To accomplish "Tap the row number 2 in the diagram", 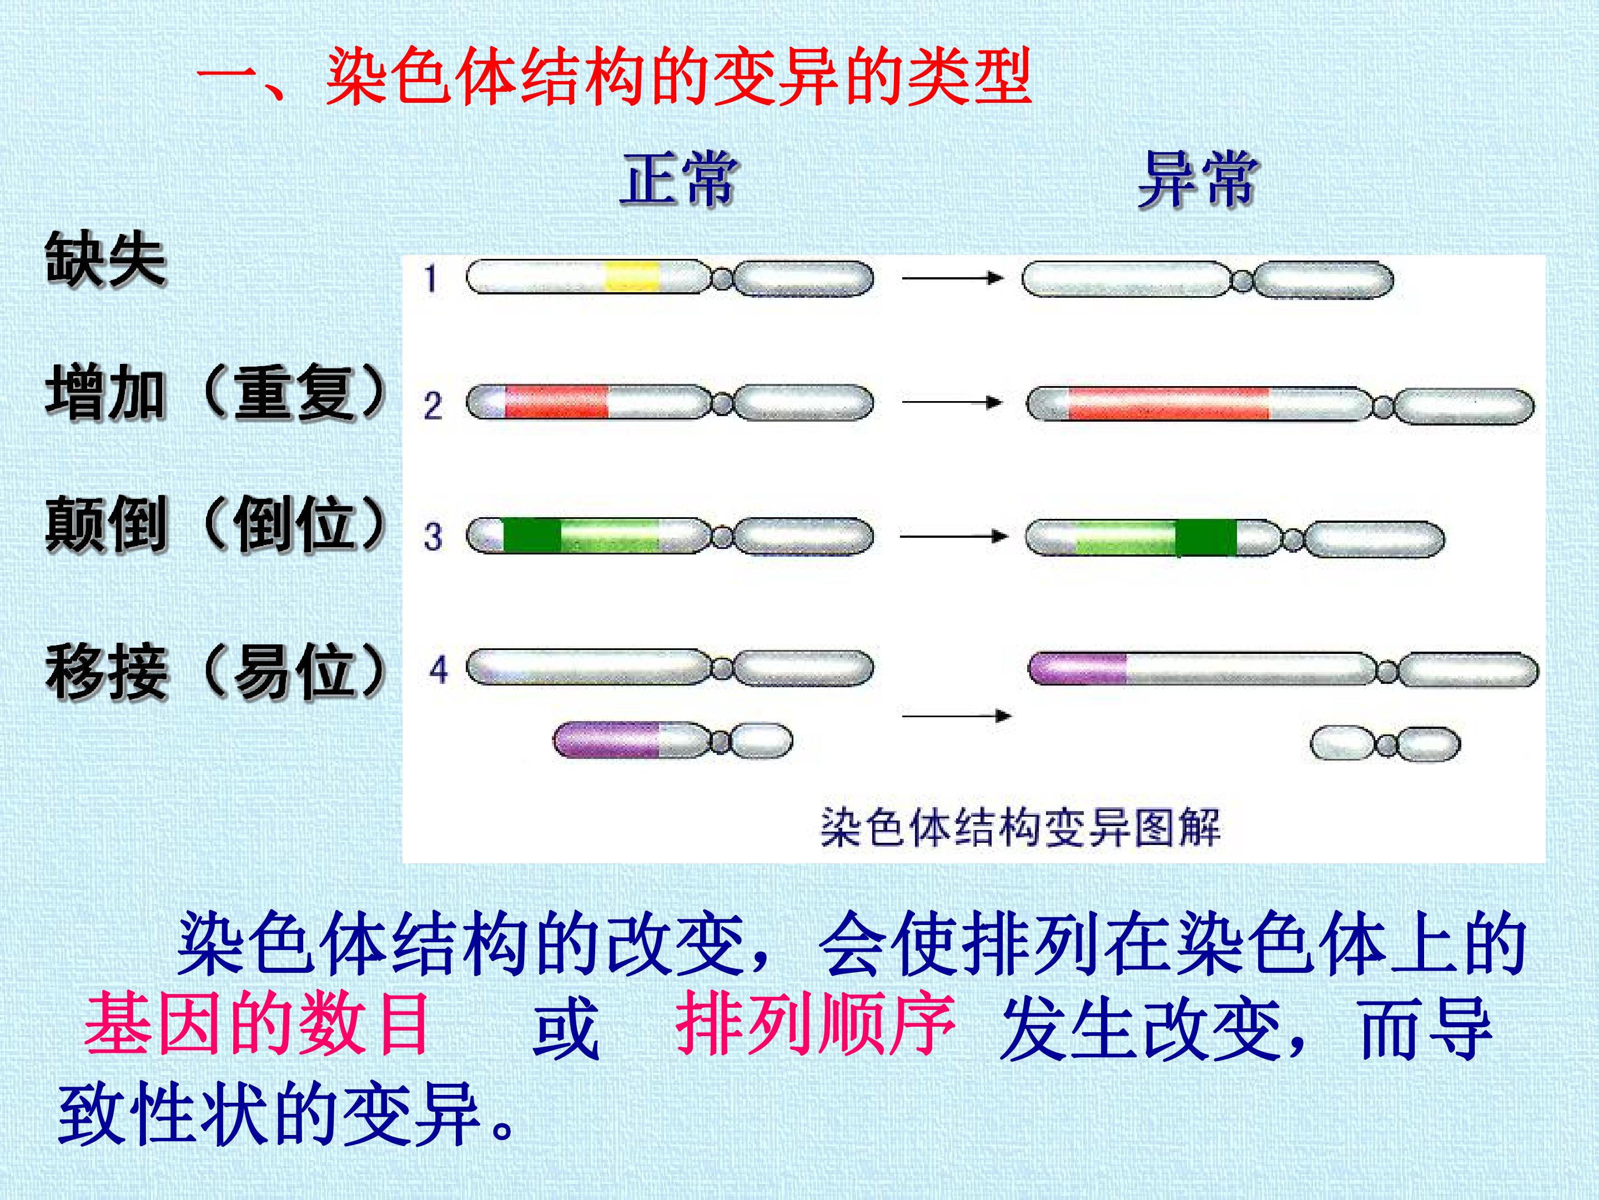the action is coord(433,406).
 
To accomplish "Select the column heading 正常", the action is coord(678,179).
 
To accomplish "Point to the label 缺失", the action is coord(105,259).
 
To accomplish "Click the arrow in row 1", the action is coord(952,278).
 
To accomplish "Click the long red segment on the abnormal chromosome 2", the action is coord(1168,404).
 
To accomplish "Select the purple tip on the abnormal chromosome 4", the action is coord(1078,668).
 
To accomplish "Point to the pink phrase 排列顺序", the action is coord(816,1023).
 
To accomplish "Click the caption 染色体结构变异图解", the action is coord(1020,827).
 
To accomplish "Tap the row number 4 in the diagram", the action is coord(439,670).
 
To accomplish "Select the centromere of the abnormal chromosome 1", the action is coord(1241,281).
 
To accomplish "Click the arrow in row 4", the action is coord(957,716).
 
